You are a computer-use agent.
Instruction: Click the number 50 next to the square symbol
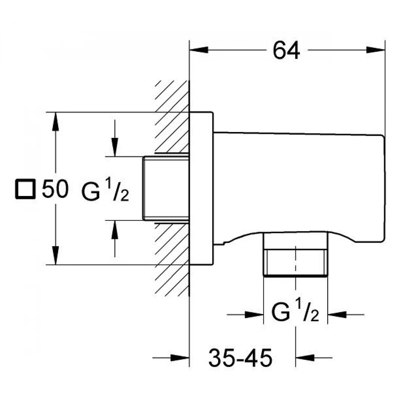55,189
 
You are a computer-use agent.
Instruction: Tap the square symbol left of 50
25,189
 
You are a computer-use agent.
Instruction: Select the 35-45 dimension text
240,358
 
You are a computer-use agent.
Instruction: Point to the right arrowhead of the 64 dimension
376,50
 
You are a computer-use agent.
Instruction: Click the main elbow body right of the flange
296,185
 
